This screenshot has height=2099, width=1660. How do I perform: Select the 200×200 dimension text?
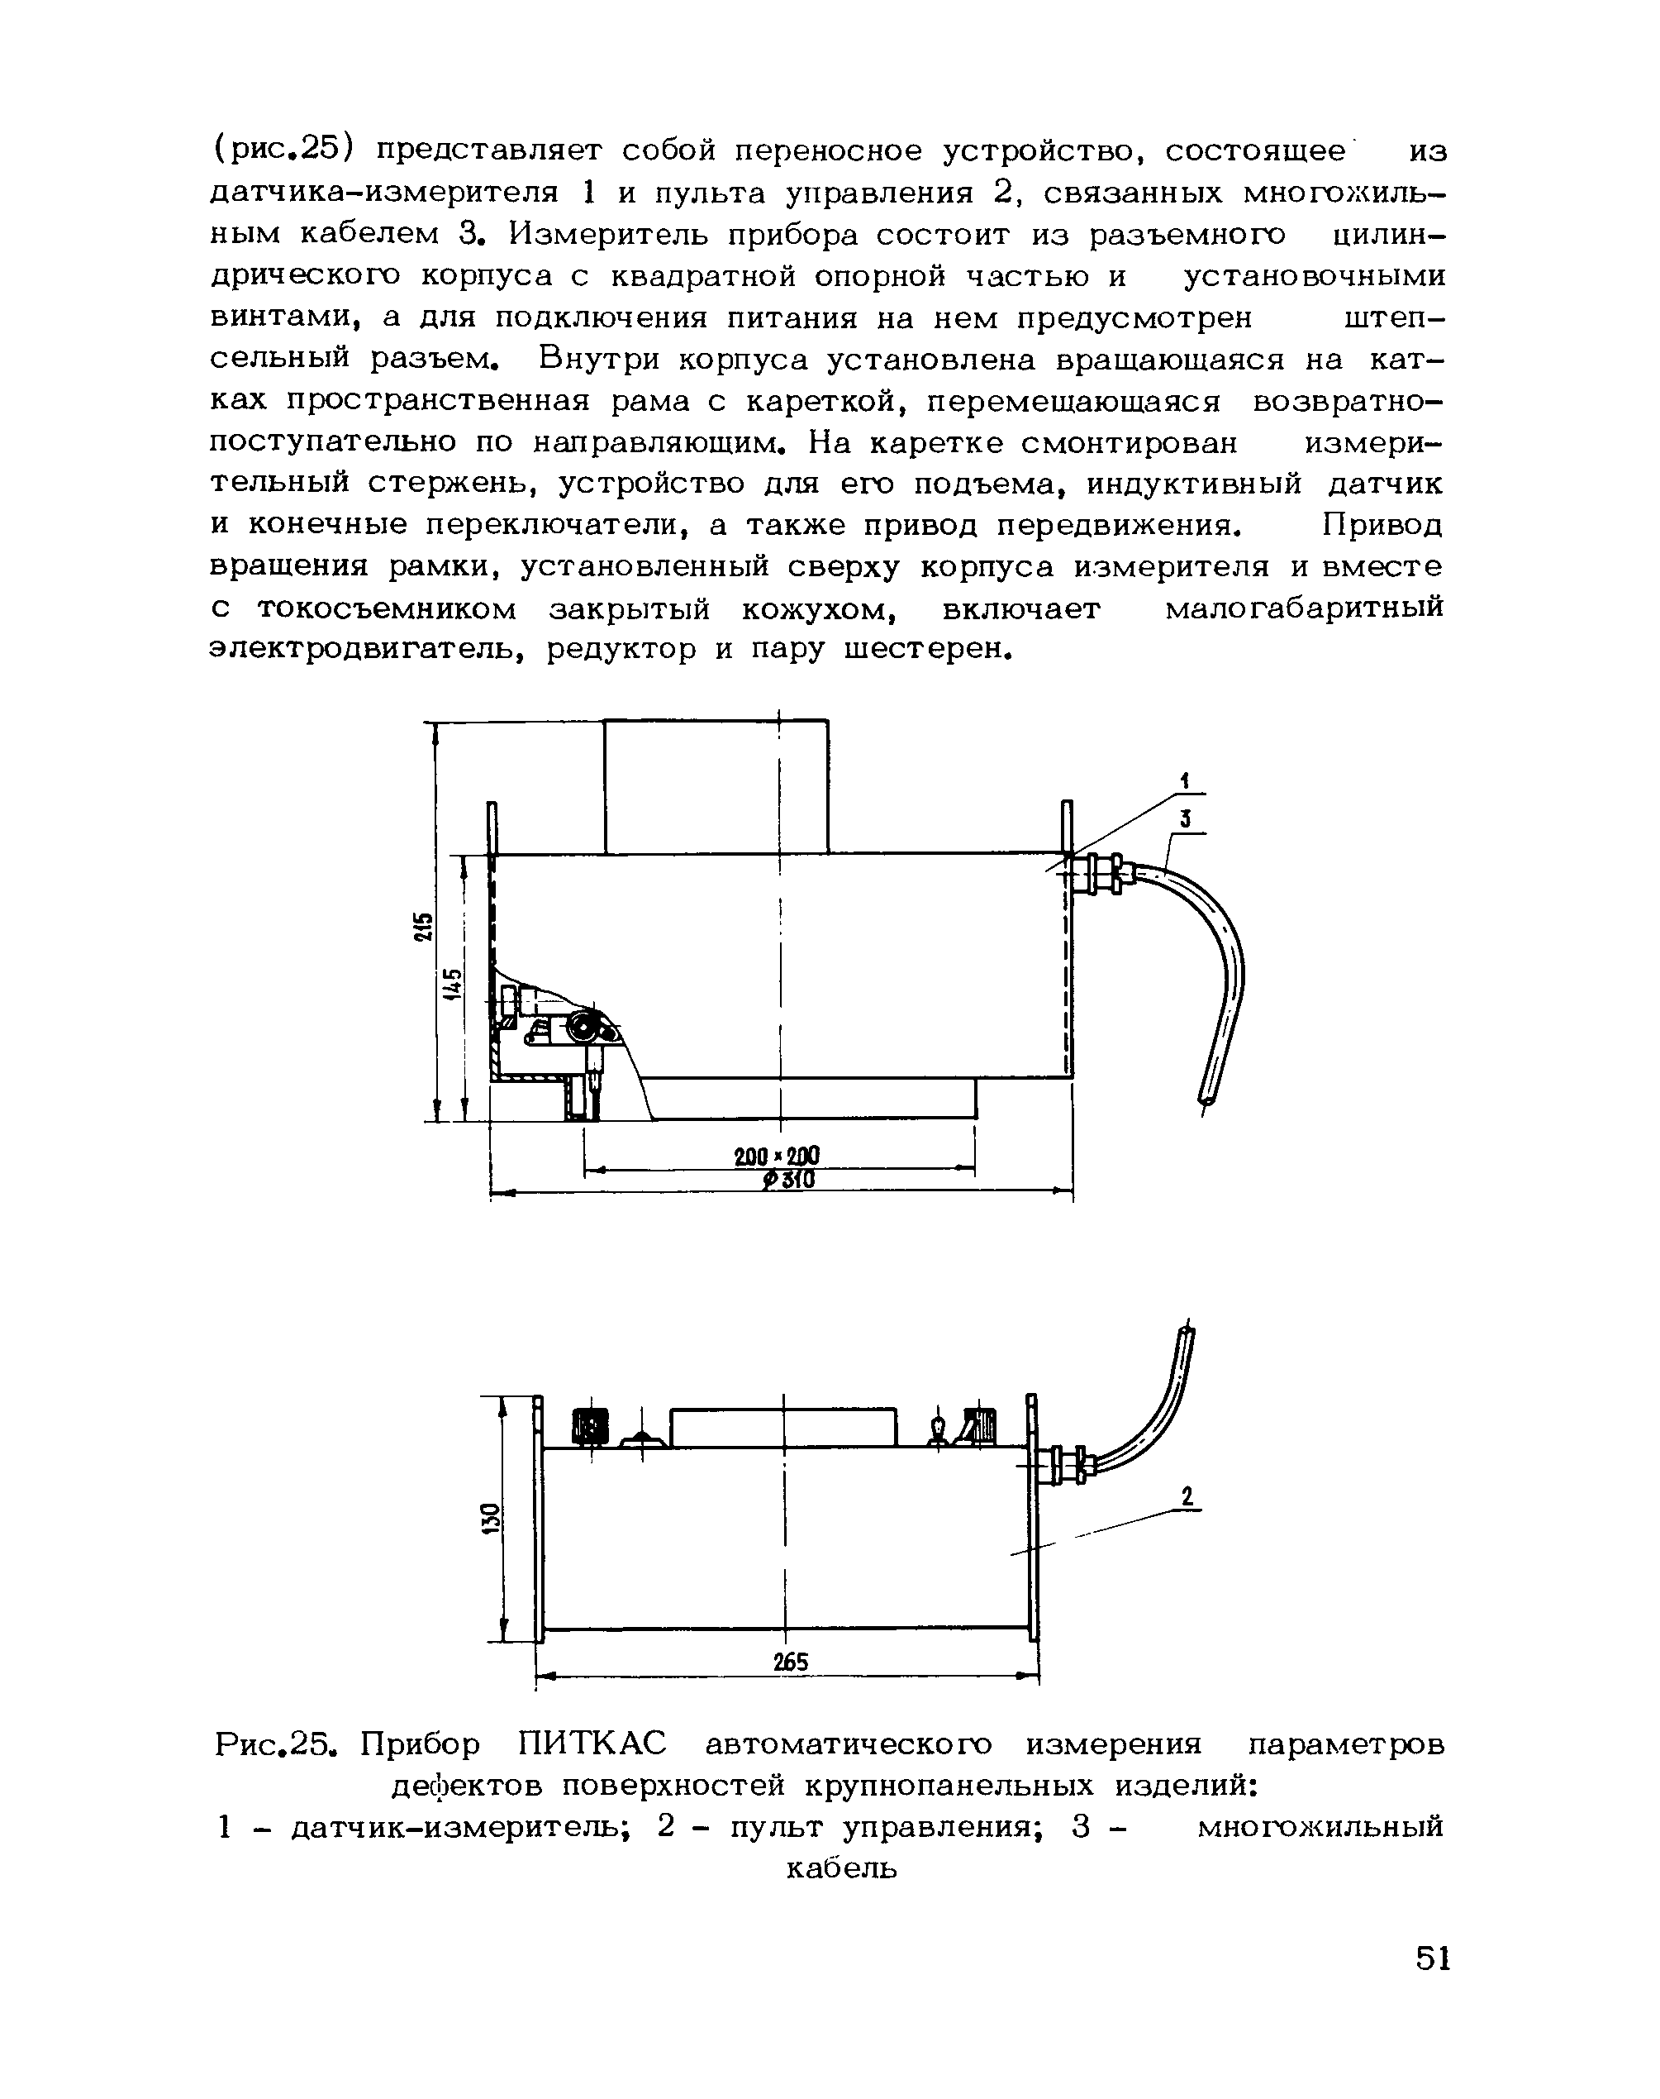777,1156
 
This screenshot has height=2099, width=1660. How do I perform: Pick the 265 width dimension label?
790,1662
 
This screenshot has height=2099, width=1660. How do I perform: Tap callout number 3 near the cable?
1186,819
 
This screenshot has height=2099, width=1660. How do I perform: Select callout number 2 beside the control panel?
1186,1496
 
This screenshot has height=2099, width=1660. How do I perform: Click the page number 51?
1433,1957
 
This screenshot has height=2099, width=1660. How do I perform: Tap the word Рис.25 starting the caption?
276,1744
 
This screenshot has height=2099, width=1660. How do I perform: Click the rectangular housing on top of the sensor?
716,785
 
